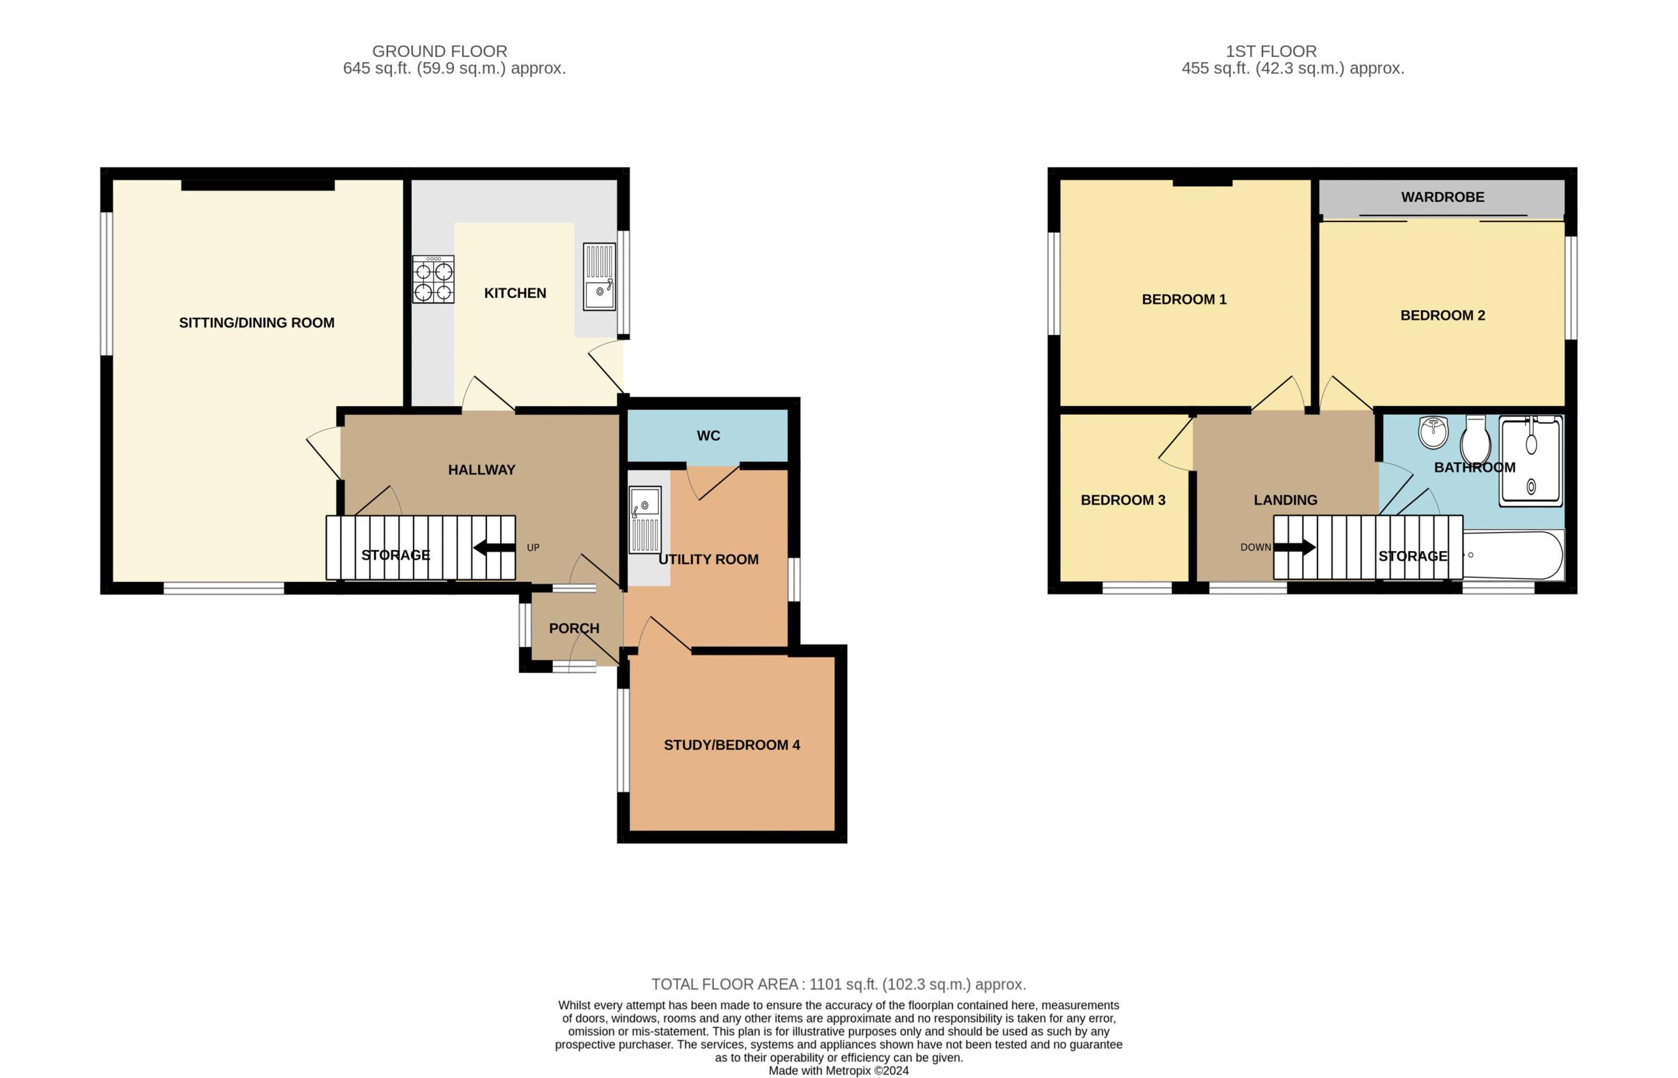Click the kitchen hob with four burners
click(x=433, y=279)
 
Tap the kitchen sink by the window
click(x=599, y=277)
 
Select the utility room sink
click(x=645, y=520)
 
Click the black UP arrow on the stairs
click(x=494, y=547)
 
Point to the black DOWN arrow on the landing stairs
click(x=1295, y=547)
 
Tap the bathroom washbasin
click(x=1433, y=432)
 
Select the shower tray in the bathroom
click(x=1531, y=461)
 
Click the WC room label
click(x=709, y=436)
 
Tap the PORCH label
click(x=574, y=628)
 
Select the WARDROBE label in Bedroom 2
click(x=1443, y=197)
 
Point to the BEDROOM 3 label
click(x=1123, y=501)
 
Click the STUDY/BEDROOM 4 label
click(x=732, y=746)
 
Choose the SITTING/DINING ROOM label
click(x=257, y=322)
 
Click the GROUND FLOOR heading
click(x=440, y=51)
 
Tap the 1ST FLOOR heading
click(x=1271, y=51)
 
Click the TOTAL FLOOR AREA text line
click(x=838, y=984)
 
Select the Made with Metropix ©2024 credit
click(x=838, y=1071)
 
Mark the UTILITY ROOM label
click(x=709, y=559)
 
